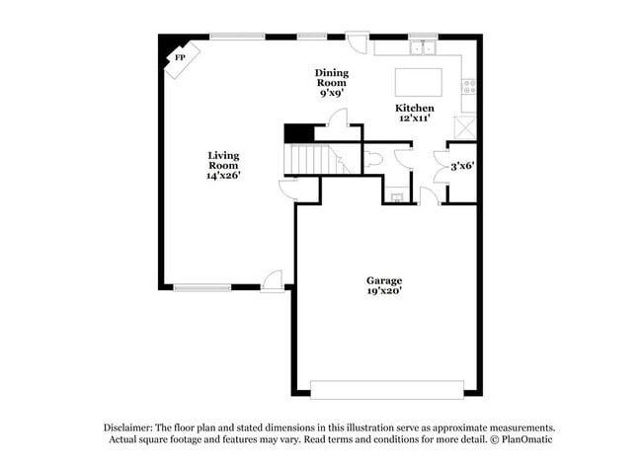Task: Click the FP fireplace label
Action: pyautogui.click(x=180, y=58)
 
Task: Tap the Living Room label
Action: pyautogui.click(x=223, y=165)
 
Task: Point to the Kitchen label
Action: pyautogui.click(x=414, y=112)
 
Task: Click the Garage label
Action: pyautogui.click(x=384, y=285)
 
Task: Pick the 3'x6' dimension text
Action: pyautogui.click(x=462, y=166)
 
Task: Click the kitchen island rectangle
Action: pyautogui.click(x=417, y=80)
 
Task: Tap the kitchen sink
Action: pyautogui.click(x=424, y=47)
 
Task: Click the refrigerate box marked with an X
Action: pyautogui.click(x=464, y=127)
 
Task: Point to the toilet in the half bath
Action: pyautogui.click(x=373, y=159)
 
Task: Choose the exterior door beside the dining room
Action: pyautogui.click(x=356, y=43)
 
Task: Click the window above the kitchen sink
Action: pyautogui.click(x=423, y=37)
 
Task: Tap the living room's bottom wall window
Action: pyautogui.click(x=201, y=287)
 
